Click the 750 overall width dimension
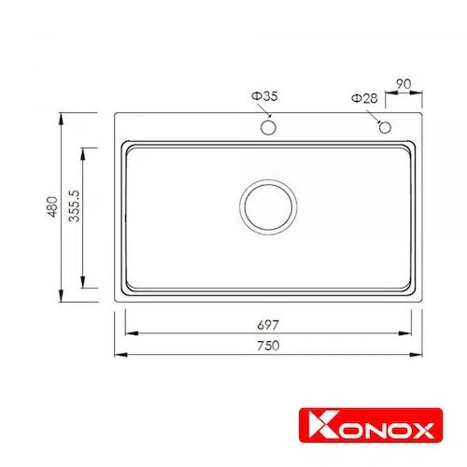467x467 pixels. pos(268,346)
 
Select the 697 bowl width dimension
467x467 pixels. pos(268,325)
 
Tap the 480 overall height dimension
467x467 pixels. pos(52,206)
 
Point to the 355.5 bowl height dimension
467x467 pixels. pos(74,206)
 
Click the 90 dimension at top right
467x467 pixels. pos(403,84)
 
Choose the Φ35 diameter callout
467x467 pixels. pos(264,96)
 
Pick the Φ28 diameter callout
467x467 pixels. pos(364,98)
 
